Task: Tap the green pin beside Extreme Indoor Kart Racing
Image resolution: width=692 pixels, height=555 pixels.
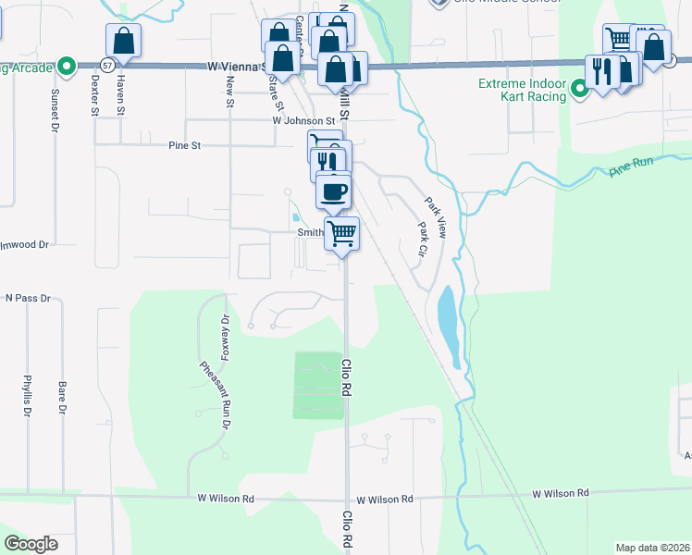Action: coord(580,90)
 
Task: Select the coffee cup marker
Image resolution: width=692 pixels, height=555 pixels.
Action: coord(333,191)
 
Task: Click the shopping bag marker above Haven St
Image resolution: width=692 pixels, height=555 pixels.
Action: coord(123,42)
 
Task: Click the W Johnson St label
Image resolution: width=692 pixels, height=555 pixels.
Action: coord(303,121)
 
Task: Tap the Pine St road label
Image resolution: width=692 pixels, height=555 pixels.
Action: coord(184,145)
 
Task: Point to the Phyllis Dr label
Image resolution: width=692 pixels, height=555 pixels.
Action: coord(27,396)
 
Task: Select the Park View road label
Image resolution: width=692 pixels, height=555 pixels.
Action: coord(436,217)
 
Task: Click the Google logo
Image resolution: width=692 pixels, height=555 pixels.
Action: coord(31,544)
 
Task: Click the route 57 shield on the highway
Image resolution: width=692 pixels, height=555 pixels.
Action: coord(108,66)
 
